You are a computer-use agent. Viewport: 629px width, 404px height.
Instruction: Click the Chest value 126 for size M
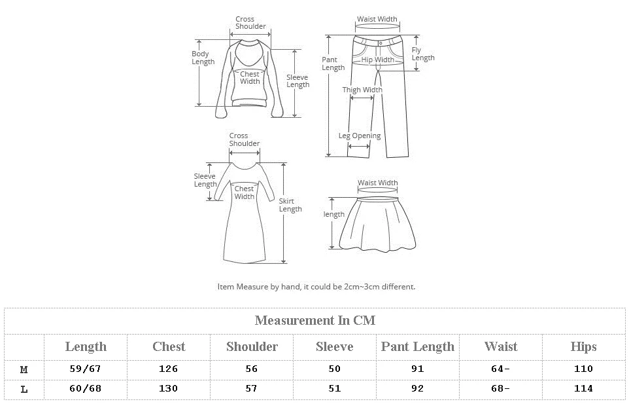click(x=169, y=369)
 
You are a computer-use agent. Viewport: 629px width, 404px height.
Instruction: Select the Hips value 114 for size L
click(x=583, y=388)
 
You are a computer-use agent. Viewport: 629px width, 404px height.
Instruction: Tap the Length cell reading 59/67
click(x=86, y=369)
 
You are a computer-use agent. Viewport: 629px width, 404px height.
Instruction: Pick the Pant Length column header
click(x=418, y=346)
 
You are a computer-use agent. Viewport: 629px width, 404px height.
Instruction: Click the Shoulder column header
click(x=252, y=346)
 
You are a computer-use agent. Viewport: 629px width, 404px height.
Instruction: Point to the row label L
click(x=24, y=388)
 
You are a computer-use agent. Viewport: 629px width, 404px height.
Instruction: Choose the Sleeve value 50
click(x=335, y=369)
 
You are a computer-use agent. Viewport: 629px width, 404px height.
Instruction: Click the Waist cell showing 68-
click(x=500, y=388)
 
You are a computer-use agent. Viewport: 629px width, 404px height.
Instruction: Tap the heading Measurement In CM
click(x=314, y=320)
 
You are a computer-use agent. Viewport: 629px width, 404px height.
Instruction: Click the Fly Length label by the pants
click(x=422, y=54)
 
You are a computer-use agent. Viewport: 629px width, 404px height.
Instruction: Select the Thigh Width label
click(x=362, y=90)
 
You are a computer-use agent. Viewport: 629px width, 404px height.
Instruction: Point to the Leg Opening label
click(x=359, y=136)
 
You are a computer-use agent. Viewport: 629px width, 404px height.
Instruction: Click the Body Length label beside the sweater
click(x=203, y=58)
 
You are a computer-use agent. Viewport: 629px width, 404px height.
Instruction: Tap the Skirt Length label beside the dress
click(x=290, y=205)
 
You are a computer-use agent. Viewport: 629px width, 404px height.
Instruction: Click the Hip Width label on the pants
click(x=378, y=60)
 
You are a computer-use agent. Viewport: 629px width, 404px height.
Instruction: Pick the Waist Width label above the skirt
click(x=377, y=183)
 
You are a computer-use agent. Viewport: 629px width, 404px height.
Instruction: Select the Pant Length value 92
click(x=418, y=388)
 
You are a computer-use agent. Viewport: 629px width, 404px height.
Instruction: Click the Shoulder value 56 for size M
click(x=252, y=369)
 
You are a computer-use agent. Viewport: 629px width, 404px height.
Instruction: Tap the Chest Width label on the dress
click(x=244, y=193)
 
